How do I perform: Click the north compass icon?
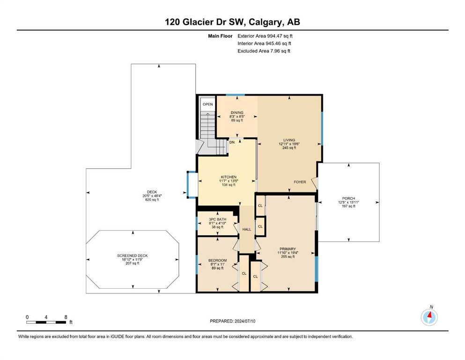pos(429,317)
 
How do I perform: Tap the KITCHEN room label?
pos(229,177)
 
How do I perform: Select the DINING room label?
pos(237,112)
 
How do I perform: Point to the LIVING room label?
pos(289,140)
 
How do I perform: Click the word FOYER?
pos(300,182)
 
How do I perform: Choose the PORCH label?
pos(348,198)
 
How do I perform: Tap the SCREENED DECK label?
pos(132,255)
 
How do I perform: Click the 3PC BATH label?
pos(217,219)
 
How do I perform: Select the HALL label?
pos(247,229)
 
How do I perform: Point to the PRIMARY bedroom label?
pos(288,249)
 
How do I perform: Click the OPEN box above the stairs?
pos(207,104)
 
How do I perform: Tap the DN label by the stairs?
pos(232,142)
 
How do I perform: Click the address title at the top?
pos(232,22)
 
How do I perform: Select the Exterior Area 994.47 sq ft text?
pos(265,36)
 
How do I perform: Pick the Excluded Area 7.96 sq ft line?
pos(264,51)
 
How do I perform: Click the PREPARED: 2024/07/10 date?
pos(232,321)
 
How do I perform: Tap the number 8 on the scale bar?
pos(66,317)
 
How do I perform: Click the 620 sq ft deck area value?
pos(152,200)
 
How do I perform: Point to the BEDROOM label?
pos(217,260)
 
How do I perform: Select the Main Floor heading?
pos(220,36)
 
